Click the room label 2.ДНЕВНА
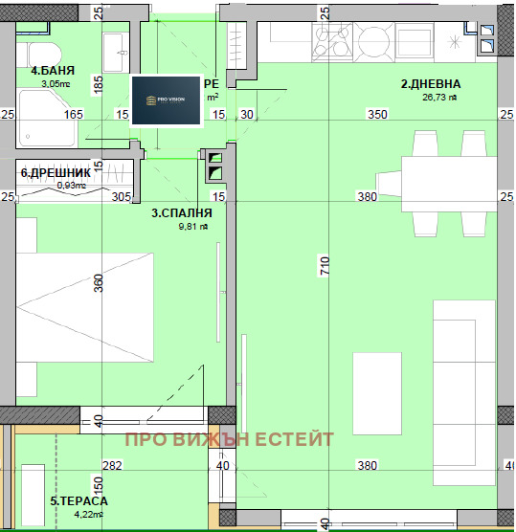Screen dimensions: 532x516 [x=430, y=83]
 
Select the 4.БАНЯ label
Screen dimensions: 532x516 [x=53, y=71]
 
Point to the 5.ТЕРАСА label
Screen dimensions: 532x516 [x=79, y=500]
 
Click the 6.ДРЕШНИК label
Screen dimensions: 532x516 [x=56, y=172]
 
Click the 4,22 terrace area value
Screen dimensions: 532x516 [x=85, y=514]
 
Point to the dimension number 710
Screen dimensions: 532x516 [x=325, y=269]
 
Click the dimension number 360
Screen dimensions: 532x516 [x=98, y=283]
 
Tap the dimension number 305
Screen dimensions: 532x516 [x=120, y=197]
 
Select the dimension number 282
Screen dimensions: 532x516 [x=112, y=466]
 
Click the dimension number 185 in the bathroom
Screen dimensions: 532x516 [x=98, y=84]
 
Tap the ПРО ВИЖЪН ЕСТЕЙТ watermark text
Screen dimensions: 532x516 [x=230, y=439]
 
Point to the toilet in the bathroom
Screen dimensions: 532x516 [x=41, y=55]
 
